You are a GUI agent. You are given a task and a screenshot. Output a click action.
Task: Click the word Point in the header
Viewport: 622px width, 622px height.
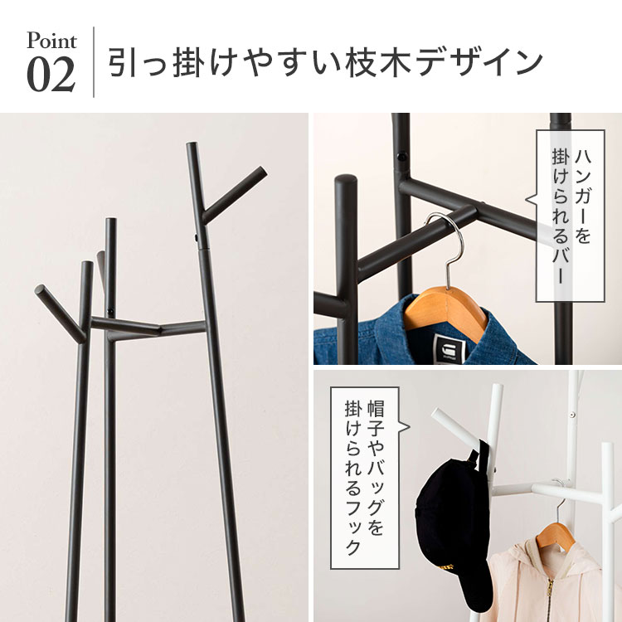tap(51, 41)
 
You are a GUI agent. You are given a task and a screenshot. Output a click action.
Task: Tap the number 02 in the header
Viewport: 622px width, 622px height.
tap(51, 74)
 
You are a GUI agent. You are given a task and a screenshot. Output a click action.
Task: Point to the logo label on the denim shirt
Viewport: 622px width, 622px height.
tap(449, 347)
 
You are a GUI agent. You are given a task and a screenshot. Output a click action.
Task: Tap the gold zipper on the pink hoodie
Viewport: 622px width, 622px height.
tap(550, 599)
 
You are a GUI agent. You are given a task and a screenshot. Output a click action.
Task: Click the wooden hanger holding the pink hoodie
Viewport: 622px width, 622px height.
tap(556, 533)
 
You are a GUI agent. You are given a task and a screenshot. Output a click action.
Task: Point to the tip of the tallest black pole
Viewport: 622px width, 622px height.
tap(192, 143)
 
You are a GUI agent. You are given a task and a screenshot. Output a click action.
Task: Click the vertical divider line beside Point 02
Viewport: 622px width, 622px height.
tap(94, 62)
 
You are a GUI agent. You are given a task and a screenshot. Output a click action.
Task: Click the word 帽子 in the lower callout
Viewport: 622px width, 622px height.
tap(375, 417)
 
